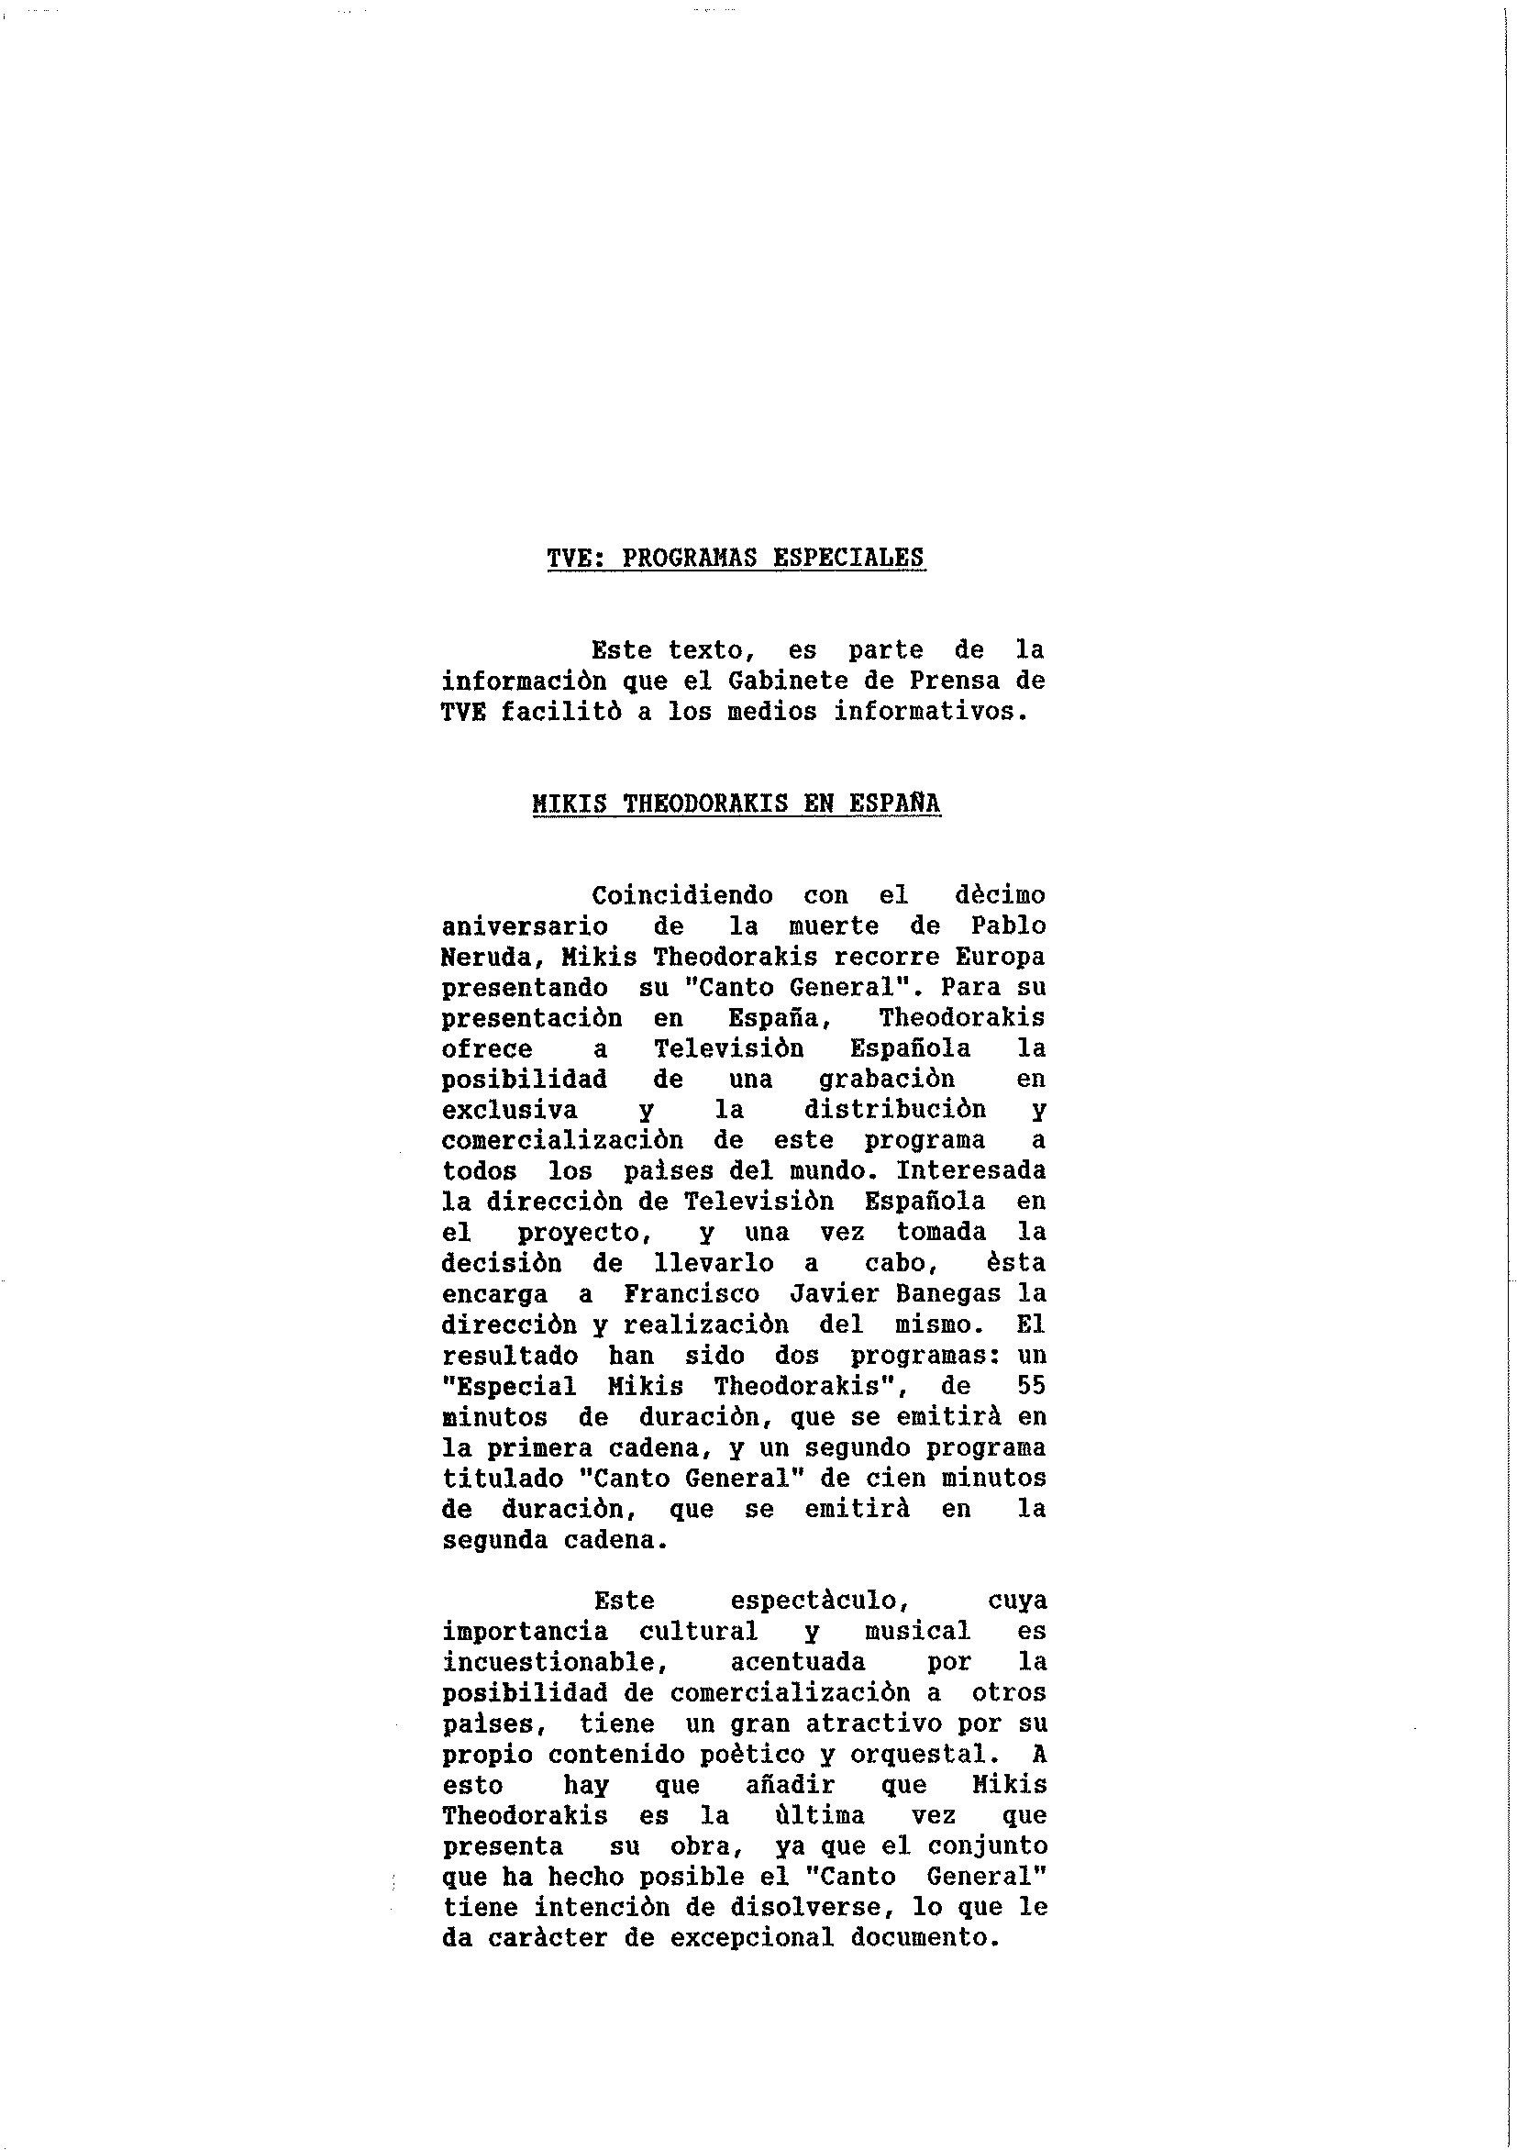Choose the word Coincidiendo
click(681, 895)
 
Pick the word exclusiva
click(509, 1110)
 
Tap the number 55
click(1031, 1386)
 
